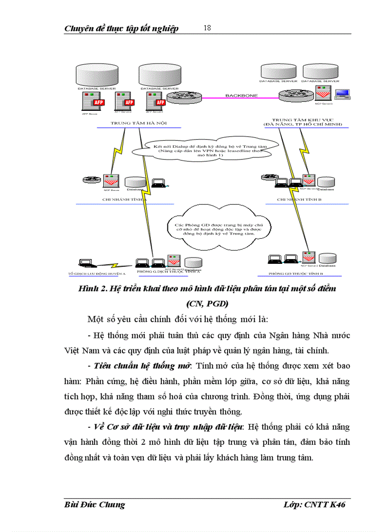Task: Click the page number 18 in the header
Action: click(x=207, y=27)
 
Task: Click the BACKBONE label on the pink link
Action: click(x=241, y=96)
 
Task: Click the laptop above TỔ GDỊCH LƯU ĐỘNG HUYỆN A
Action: click(x=86, y=262)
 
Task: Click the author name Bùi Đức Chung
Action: click(x=94, y=505)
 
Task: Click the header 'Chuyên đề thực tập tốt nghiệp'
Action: click(x=121, y=29)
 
